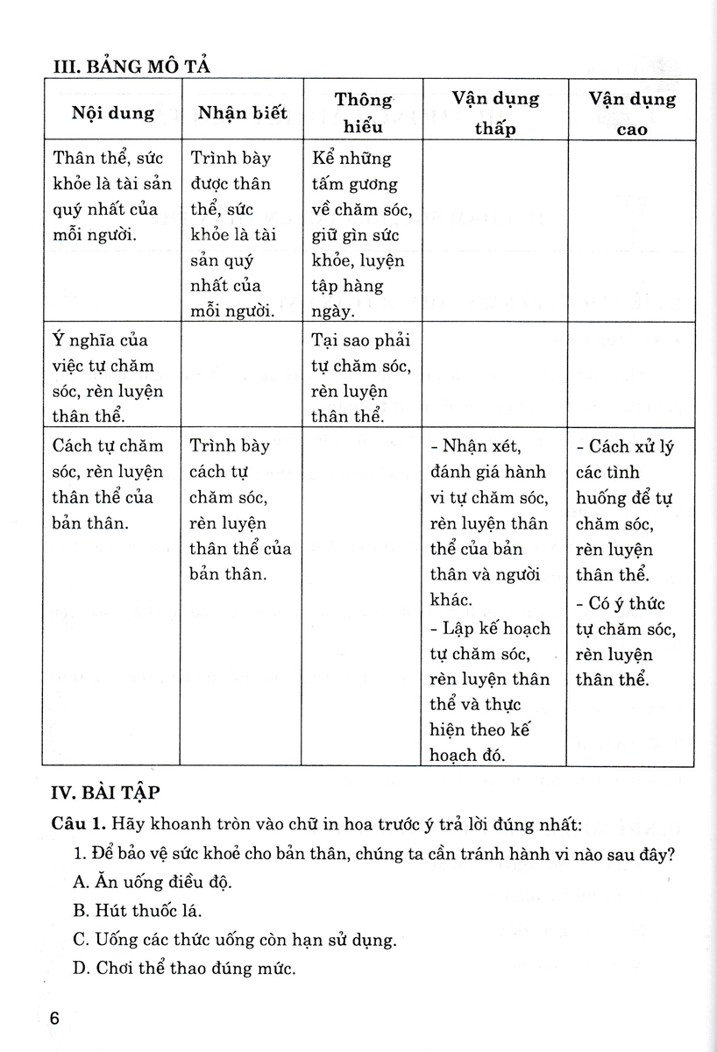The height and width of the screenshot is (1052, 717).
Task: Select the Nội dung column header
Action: point(113,112)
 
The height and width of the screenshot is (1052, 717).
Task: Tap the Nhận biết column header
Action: point(242,112)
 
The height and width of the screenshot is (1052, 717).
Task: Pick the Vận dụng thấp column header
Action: point(495,112)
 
